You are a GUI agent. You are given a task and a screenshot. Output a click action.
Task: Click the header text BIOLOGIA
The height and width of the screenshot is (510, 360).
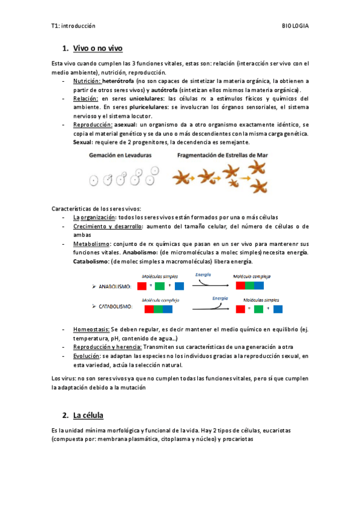[295, 26]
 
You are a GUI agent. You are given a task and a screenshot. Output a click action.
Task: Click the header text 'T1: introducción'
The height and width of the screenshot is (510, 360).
[73, 26]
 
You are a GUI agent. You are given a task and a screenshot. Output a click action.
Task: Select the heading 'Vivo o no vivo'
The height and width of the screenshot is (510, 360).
[98, 48]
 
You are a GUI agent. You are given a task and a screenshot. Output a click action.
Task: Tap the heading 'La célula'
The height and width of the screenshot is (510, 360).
[88, 415]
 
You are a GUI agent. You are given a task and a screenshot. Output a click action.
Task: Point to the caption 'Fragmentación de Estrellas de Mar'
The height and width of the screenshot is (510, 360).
[221, 155]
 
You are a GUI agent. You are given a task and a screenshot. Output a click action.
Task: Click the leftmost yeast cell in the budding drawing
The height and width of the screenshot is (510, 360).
[93, 180]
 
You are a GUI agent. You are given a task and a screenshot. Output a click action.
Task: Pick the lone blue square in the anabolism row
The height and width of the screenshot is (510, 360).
[179, 286]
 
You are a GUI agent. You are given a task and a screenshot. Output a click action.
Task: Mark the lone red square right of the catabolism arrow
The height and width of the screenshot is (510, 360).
[241, 309]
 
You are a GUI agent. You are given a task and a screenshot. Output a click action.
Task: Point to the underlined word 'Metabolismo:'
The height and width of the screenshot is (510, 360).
[92, 244]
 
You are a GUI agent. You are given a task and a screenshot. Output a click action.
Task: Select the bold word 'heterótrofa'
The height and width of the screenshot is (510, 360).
[118, 81]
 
